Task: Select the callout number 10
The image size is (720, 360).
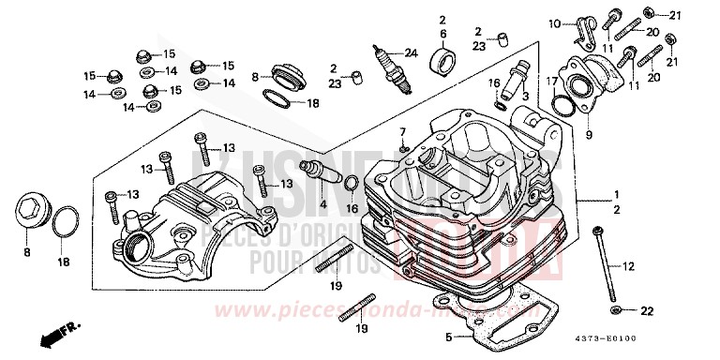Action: [x=552, y=22]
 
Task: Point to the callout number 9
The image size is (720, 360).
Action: [x=589, y=133]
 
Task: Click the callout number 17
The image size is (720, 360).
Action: [x=554, y=83]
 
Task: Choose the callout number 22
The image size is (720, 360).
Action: [x=645, y=310]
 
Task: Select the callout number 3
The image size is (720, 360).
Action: [x=527, y=96]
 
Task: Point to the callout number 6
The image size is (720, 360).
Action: [x=439, y=34]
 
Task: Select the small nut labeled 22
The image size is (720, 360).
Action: [x=614, y=309]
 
